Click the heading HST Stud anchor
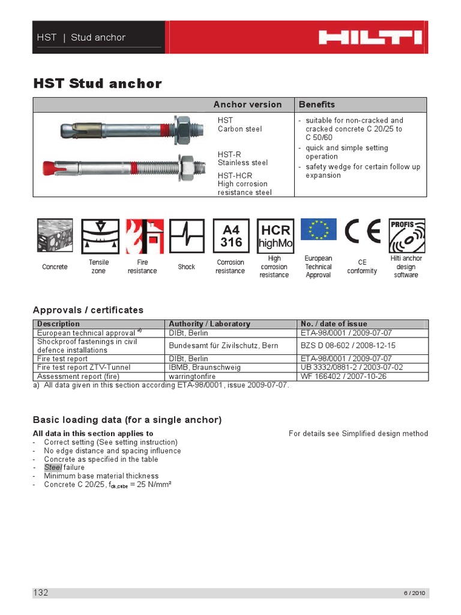coord(97,83)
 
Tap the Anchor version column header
coord(247,105)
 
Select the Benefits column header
coord(317,105)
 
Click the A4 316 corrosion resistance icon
coord(231,236)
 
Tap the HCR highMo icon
coord(276,236)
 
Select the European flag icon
coord(318,229)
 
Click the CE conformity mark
coord(363,232)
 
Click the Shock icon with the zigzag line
coord(187,236)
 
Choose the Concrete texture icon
coord(55,236)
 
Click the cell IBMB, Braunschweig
coord(201,367)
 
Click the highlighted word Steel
coord(52,467)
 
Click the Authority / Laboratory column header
coord(209,324)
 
